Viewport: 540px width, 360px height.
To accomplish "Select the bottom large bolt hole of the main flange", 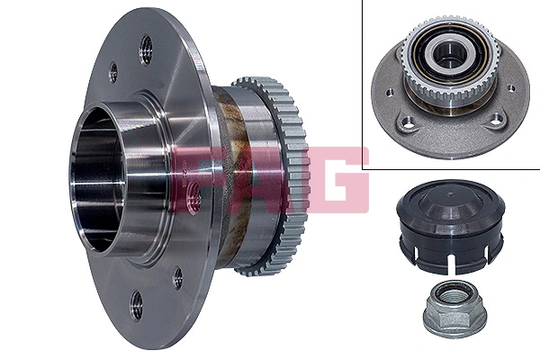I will (x=136, y=304).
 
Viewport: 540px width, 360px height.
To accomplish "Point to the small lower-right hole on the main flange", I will (x=177, y=277).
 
